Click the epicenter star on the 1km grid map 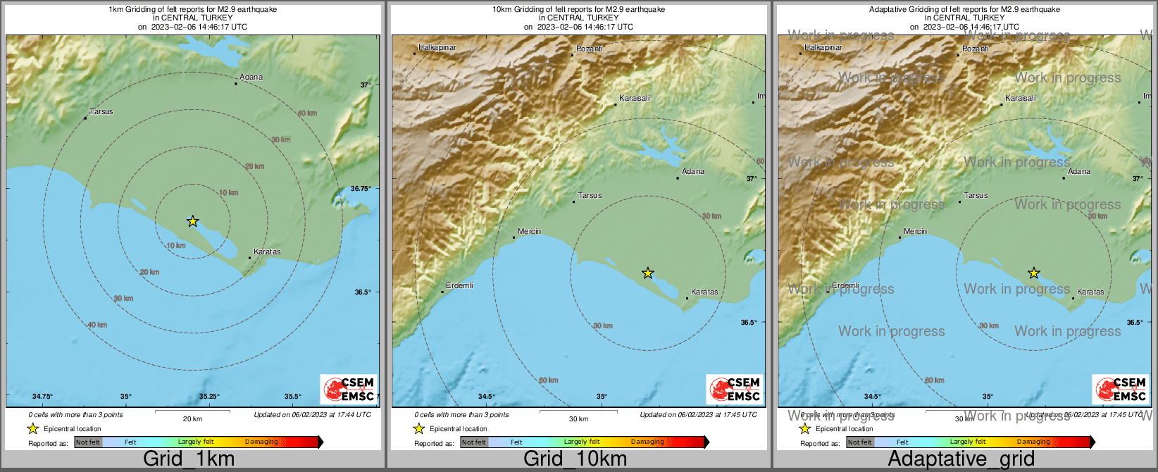point(192,221)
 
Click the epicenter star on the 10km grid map point(648,273)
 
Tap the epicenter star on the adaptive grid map point(1033,273)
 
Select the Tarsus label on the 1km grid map point(101,111)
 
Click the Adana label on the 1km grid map point(251,77)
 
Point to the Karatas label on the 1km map point(267,251)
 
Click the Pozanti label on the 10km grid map point(590,49)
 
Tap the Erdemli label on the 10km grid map point(459,285)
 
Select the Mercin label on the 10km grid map point(529,231)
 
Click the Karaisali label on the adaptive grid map point(1021,98)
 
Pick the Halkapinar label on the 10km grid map point(437,47)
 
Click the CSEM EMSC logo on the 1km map point(349,389)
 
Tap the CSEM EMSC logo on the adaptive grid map point(1121,389)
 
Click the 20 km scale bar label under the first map point(192,418)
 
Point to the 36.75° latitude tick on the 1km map point(361,189)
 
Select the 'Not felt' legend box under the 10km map point(474,442)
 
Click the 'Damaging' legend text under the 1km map point(261,442)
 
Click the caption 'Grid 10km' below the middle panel point(575,459)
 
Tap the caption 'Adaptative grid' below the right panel point(961,459)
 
